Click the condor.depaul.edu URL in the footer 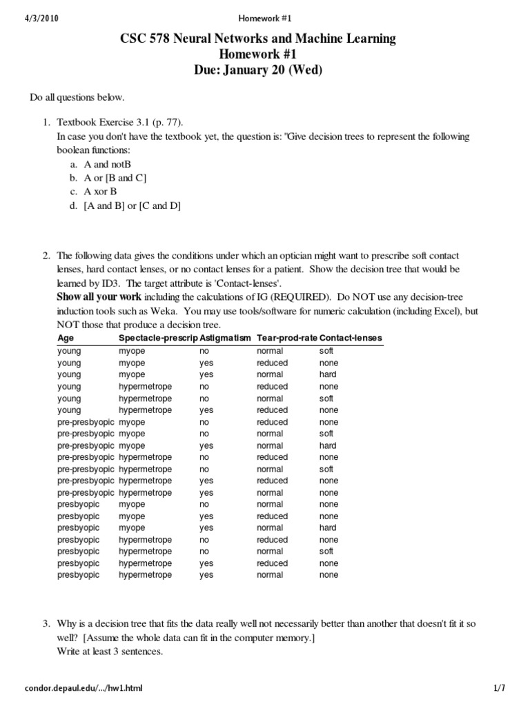click(84, 688)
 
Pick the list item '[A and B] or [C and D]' click(132, 205)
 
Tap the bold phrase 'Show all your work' click(99, 297)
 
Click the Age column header click(66, 339)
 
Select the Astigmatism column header click(226, 339)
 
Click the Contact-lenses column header click(351, 339)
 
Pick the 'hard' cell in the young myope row click(328, 374)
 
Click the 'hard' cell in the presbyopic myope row click(328, 527)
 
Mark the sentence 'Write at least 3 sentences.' click(110, 651)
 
